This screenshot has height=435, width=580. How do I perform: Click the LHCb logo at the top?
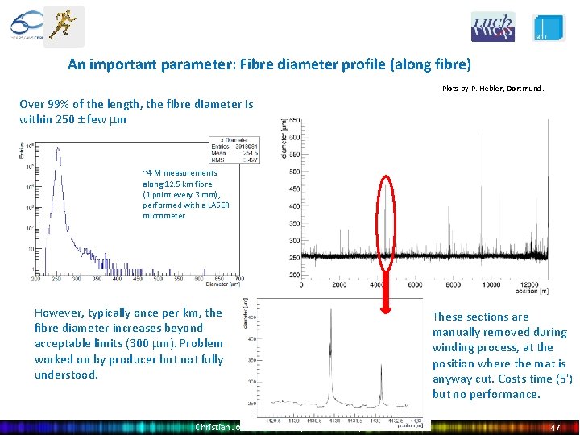pyautogui.click(x=492, y=27)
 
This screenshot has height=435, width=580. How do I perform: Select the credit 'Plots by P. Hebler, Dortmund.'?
pyautogui.click(x=493, y=89)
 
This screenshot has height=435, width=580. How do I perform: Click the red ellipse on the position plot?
pyautogui.click(x=386, y=226)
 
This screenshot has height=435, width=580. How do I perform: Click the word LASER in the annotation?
pyautogui.click(x=219, y=205)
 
